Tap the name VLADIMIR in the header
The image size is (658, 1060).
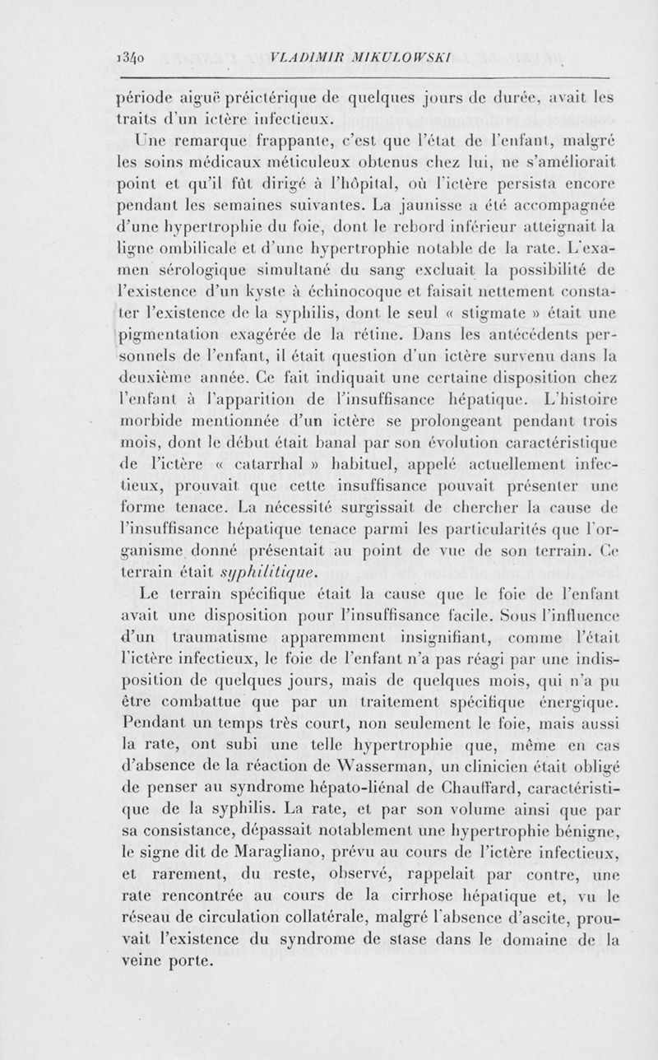305,58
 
